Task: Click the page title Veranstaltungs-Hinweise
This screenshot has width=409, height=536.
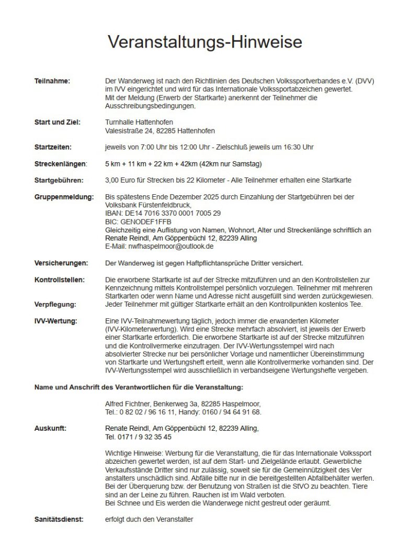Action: tap(204, 41)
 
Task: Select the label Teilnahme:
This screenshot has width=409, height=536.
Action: tap(52, 81)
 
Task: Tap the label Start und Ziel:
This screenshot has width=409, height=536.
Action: tap(56, 122)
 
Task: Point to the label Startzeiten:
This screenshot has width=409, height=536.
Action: tap(53, 147)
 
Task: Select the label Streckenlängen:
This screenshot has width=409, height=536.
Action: tap(60, 164)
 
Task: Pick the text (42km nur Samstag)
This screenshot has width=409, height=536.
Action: tap(229, 164)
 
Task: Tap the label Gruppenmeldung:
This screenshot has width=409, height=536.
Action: tap(64, 197)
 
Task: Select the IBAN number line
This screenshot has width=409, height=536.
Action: tap(163, 213)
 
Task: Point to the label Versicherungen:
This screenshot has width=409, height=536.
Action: tap(61, 262)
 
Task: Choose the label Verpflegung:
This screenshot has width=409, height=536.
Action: tap(55, 304)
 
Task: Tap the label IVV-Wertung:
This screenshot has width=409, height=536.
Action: tap(55, 320)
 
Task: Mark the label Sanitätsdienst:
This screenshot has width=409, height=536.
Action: tap(59, 519)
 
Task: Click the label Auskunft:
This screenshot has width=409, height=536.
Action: tap(50, 428)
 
